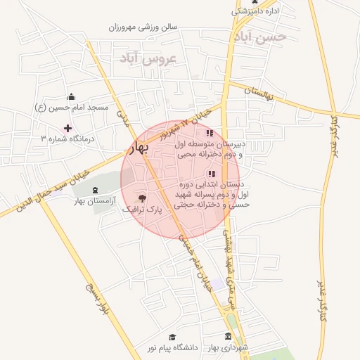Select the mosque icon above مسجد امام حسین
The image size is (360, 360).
(x=70, y=97)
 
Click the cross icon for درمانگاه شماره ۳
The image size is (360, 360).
(x=67, y=128)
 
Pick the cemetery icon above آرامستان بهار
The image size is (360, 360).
(x=95, y=191)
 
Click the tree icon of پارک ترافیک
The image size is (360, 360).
(x=143, y=198)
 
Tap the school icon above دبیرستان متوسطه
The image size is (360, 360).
(x=209, y=133)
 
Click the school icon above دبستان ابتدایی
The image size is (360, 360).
(x=211, y=174)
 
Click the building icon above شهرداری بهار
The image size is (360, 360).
(x=227, y=337)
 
